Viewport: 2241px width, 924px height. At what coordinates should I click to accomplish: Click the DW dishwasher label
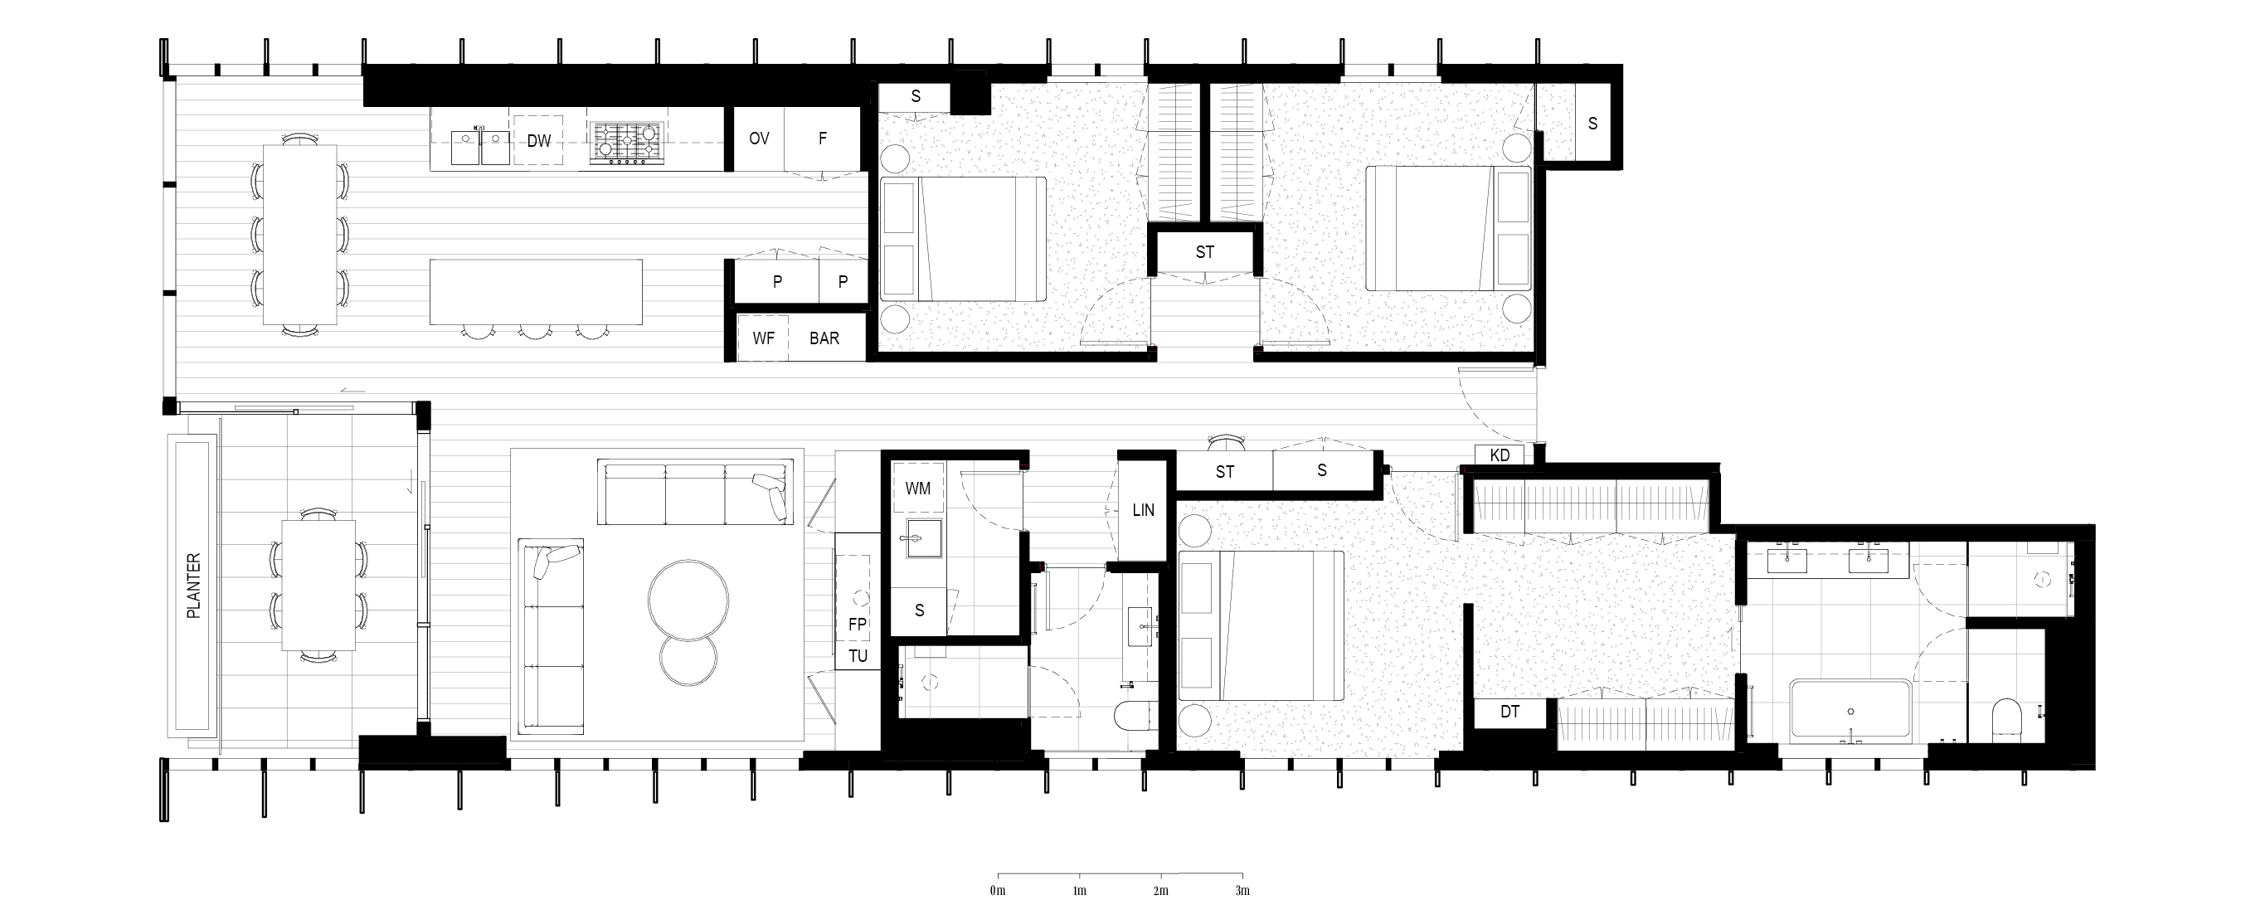pyautogui.click(x=538, y=140)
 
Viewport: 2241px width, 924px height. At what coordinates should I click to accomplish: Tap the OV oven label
pyautogui.click(x=759, y=139)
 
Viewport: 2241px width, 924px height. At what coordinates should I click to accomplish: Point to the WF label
pyautogui.click(x=763, y=338)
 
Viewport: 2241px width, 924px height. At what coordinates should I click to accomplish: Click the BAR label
pyautogui.click(x=824, y=338)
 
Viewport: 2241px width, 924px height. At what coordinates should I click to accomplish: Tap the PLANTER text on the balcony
pyautogui.click(x=194, y=586)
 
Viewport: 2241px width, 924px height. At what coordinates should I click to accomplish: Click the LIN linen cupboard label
pyautogui.click(x=1143, y=510)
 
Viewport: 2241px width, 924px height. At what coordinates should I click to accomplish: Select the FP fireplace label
pyautogui.click(x=858, y=624)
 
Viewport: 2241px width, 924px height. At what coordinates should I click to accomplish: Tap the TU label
pyautogui.click(x=858, y=656)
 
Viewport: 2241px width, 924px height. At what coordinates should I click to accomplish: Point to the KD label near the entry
pyautogui.click(x=1500, y=455)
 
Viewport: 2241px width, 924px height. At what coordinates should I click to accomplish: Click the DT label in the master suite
pyautogui.click(x=1509, y=712)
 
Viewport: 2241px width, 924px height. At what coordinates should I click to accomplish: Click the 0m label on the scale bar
pyautogui.click(x=997, y=891)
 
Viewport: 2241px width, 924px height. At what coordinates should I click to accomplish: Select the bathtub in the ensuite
pyautogui.click(x=1850, y=710)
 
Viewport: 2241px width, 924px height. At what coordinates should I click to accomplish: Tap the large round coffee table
pyautogui.click(x=688, y=601)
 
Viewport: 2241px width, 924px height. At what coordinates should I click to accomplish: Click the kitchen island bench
pyautogui.click(x=536, y=291)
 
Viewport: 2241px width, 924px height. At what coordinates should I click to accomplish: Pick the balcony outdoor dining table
pyautogui.click(x=318, y=585)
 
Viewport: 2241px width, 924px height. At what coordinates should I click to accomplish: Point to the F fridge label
pyautogui.click(x=822, y=139)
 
